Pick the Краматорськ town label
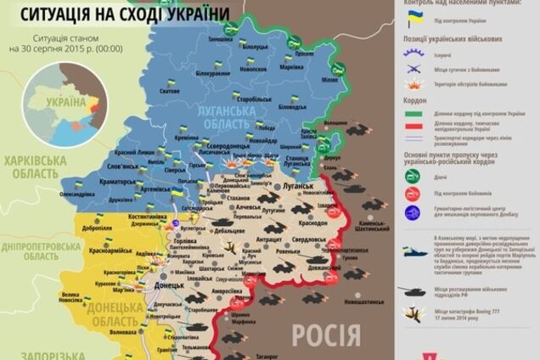point(117,181)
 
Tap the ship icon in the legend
point(414,252)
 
